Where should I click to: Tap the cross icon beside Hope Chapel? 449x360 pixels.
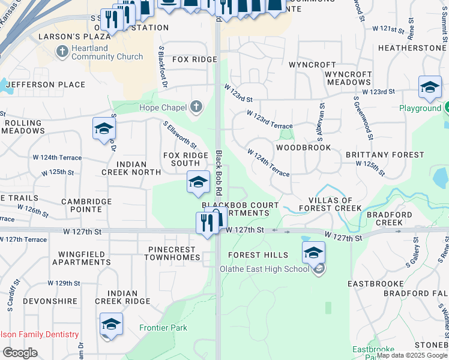click(195, 108)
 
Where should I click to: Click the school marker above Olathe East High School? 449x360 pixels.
click(313, 253)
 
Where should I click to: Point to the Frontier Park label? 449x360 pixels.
click(163, 328)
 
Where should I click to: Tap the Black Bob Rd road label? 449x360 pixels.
click(218, 173)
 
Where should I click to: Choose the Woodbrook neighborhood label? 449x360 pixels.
click(304, 147)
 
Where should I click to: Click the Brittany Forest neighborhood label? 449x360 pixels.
click(385, 155)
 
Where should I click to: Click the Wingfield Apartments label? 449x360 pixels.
click(82, 258)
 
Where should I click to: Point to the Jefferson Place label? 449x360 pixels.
click(46, 85)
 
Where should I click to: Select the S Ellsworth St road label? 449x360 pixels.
click(180, 134)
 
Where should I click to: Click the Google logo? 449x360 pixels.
click(20, 353)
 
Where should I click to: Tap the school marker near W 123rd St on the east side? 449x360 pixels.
click(430, 88)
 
